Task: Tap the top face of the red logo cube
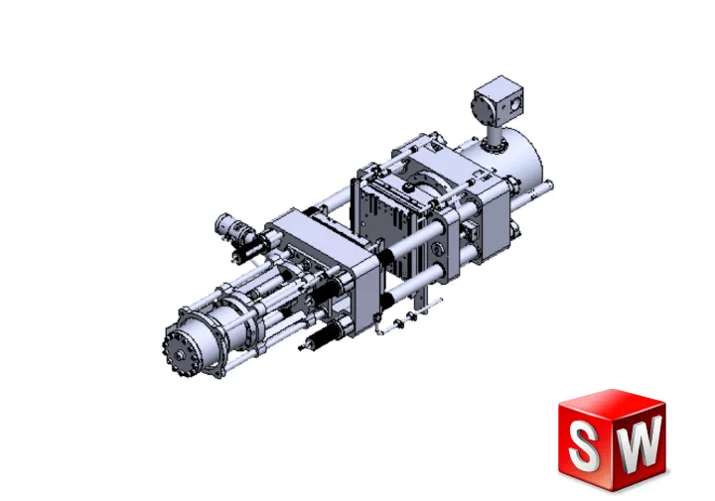click(612, 402)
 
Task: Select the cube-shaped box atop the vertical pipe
click(498, 101)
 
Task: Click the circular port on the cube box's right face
click(514, 104)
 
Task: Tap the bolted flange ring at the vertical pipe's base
click(496, 147)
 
